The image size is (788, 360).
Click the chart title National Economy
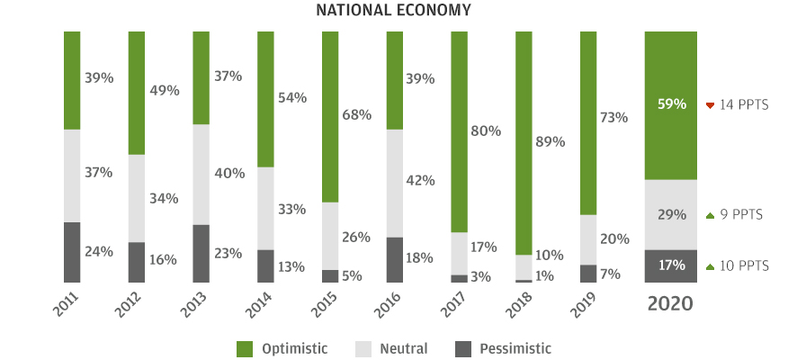click(x=393, y=10)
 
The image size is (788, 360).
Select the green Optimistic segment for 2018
click(x=524, y=142)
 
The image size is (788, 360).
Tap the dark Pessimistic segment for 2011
click(x=72, y=252)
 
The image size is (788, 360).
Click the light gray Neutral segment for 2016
click(x=395, y=183)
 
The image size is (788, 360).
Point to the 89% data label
click(x=551, y=141)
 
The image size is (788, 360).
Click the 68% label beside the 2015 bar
click(x=357, y=115)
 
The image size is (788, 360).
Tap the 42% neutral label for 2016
click(x=421, y=180)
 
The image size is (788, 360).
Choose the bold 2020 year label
click(x=671, y=303)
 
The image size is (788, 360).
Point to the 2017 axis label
click(x=455, y=305)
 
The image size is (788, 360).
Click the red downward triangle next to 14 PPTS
click(x=710, y=105)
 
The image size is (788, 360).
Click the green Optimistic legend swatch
click(x=244, y=348)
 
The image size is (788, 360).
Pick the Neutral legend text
click(x=404, y=348)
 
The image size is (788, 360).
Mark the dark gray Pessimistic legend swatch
click(x=463, y=348)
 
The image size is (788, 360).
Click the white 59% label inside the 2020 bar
click(x=671, y=104)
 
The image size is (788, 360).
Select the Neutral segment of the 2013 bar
click(x=201, y=174)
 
